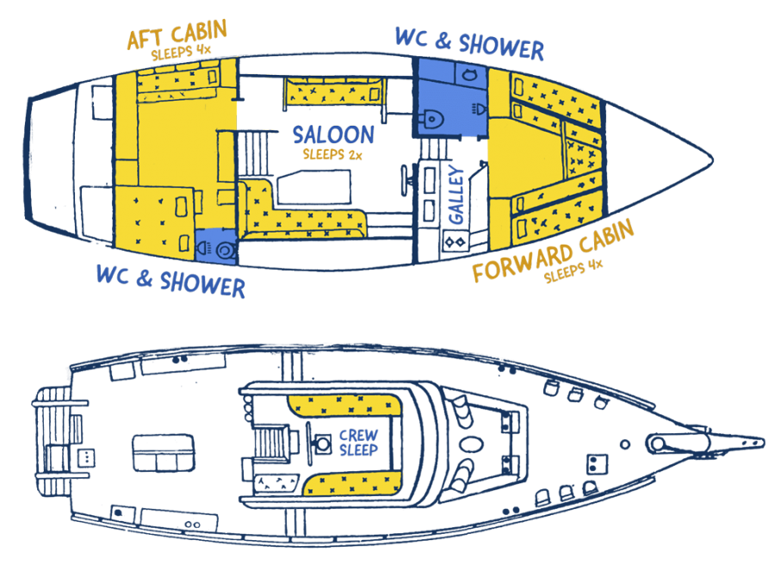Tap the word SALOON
coord(333,135)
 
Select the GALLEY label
coord(456,197)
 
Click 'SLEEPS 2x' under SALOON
coord(332,155)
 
